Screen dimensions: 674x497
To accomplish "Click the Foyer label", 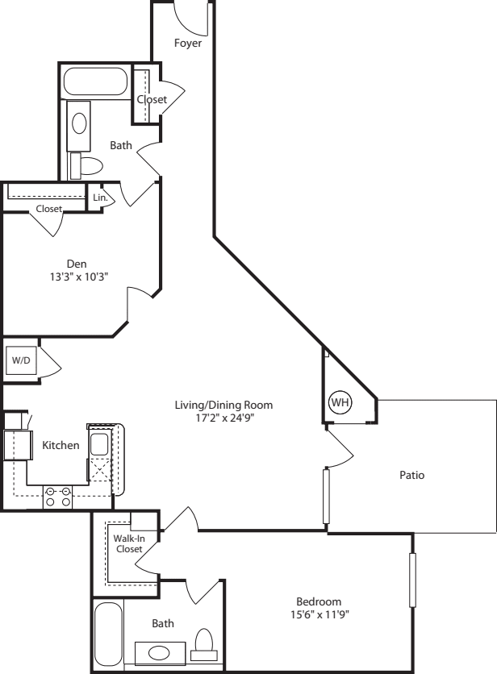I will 188,43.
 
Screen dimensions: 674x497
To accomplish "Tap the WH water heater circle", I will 338,401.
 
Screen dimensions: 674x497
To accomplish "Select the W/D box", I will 20,360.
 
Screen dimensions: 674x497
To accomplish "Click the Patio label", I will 411,475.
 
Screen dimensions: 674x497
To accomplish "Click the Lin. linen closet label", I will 100,197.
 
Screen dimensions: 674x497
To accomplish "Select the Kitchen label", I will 61,445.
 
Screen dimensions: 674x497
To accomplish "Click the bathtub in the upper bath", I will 95,82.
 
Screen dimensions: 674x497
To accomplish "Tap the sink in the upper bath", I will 79,123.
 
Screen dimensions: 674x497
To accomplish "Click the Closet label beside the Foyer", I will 151,99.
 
